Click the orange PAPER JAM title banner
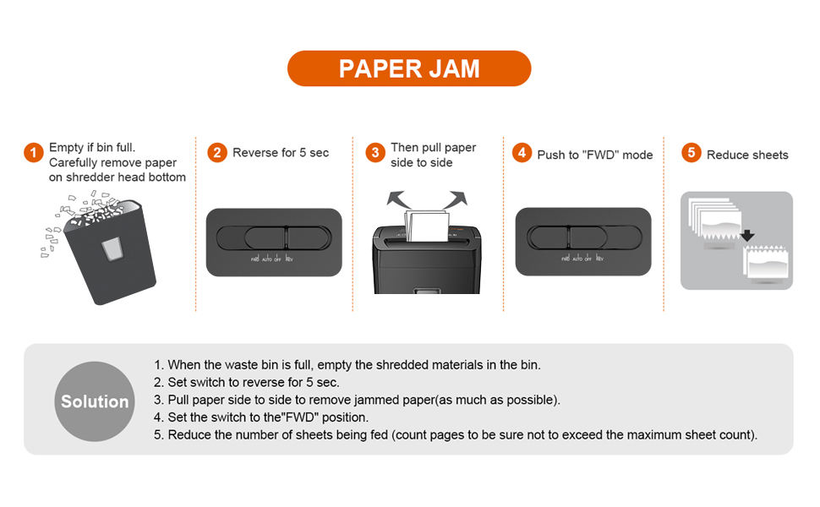409,68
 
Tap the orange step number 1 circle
33,153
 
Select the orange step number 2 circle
217,153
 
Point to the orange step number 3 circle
375,153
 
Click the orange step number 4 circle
522,153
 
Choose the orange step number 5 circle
692,153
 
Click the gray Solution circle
95,401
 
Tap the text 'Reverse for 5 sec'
281,153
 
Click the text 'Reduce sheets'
747,155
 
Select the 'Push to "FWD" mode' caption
595,155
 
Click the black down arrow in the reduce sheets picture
747,235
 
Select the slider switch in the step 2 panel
273,237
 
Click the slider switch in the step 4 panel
582,237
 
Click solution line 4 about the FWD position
261,417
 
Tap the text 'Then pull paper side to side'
433,155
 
